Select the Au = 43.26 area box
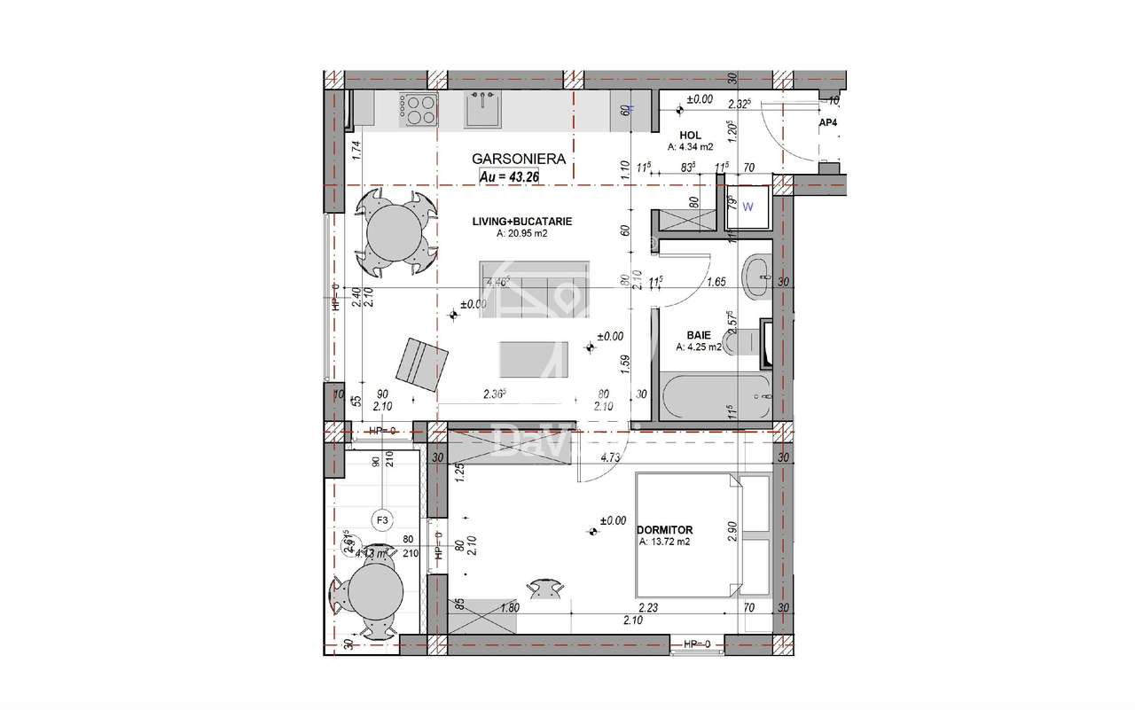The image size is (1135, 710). pyautogui.click(x=510, y=176)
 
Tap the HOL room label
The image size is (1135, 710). pyautogui.click(x=691, y=135)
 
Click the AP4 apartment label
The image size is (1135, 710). pyautogui.click(x=828, y=122)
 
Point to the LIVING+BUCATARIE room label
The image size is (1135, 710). pyautogui.click(x=521, y=222)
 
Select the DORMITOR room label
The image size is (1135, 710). pyautogui.click(x=664, y=529)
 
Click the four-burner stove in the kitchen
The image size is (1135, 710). pyautogui.click(x=419, y=109)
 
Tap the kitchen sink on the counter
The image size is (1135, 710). pyautogui.click(x=485, y=111)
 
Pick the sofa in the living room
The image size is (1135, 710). pyautogui.click(x=535, y=286)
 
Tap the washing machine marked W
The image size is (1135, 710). pyautogui.click(x=750, y=208)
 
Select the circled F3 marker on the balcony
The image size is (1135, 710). pyautogui.click(x=383, y=520)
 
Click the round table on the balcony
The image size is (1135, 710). pyautogui.click(x=376, y=597)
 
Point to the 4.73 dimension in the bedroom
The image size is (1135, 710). pyautogui.click(x=609, y=458)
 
